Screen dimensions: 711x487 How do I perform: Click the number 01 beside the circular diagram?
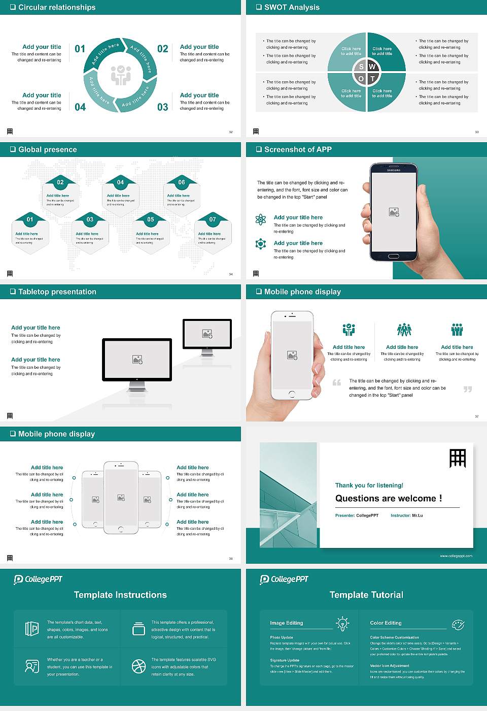coord(80,49)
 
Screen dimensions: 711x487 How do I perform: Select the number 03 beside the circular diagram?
coord(162,107)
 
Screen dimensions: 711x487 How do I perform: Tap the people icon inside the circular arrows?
coord(121,75)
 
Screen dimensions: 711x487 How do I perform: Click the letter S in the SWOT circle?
coord(361,67)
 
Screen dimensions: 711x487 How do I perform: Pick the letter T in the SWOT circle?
coord(372,79)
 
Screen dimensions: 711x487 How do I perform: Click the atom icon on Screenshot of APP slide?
coord(261,219)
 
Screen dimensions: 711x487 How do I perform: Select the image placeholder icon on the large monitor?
coord(137,360)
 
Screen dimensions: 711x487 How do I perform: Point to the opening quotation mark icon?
coord(337,382)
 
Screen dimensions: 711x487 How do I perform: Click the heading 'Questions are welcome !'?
coord(389,499)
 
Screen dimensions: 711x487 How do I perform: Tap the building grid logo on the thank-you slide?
coord(458,458)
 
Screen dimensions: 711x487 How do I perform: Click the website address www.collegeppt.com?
coord(456,556)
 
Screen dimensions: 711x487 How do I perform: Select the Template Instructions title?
coord(120,595)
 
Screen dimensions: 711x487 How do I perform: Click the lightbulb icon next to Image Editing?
coord(342,623)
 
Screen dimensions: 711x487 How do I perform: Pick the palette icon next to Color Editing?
coord(458,624)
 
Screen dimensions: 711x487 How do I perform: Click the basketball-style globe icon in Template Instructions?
coord(138,666)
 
